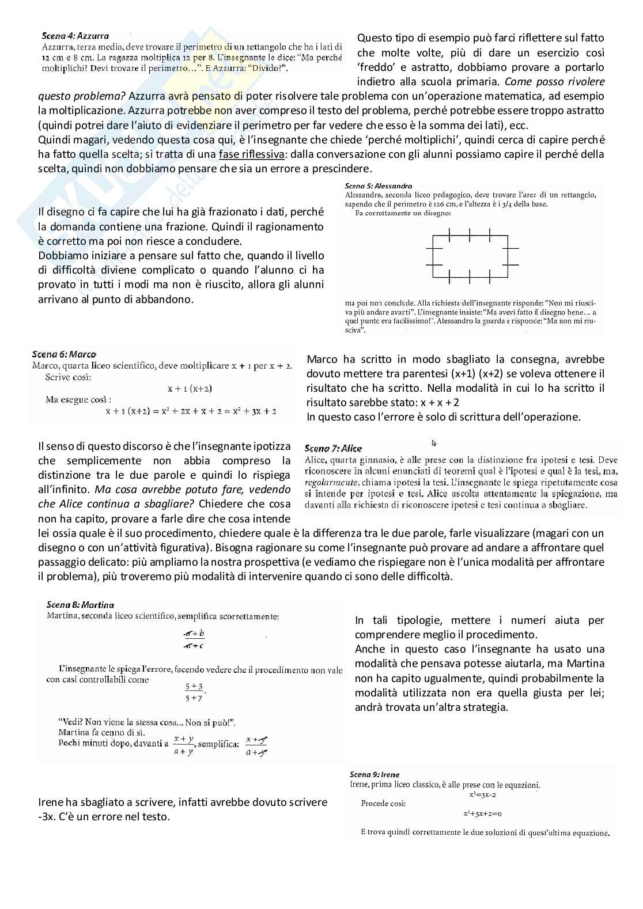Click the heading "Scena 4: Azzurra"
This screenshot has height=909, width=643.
pyautogui.click(x=75, y=36)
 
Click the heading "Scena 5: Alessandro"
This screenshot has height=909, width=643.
pyautogui.click(x=378, y=186)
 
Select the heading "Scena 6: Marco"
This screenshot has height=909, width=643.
pyautogui.click(x=64, y=354)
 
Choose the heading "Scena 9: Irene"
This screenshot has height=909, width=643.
pyautogui.click(x=375, y=774)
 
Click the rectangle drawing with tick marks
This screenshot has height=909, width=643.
pyautogui.click(x=470, y=256)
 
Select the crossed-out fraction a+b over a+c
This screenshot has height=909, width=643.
pyautogui.click(x=194, y=639)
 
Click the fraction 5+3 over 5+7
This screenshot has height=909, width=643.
pyautogui.click(x=194, y=692)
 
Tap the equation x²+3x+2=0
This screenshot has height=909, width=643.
pyautogui.click(x=482, y=814)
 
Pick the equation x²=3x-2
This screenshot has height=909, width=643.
pyautogui.click(x=483, y=795)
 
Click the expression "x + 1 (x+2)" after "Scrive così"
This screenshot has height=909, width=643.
pyautogui.click(x=190, y=389)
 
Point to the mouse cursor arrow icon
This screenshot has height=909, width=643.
pyautogui.click(x=433, y=442)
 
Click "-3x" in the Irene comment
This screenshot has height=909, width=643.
pyautogui.click(x=47, y=816)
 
